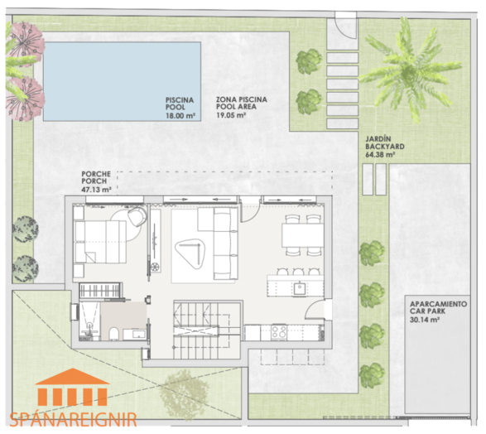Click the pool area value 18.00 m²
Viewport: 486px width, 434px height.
pyautogui.click(x=180, y=116)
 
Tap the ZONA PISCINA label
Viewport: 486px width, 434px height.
pyautogui.click(x=242, y=99)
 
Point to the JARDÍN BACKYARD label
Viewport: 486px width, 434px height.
pyautogui.click(x=384, y=142)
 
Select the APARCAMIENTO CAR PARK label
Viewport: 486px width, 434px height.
pyautogui.click(x=438, y=307)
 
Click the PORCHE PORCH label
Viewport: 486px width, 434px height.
pyautogui.click(x=96, y=177)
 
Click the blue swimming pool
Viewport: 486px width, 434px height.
pyautogui.click(x=122, y=81)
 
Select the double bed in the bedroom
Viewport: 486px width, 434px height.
pyautogui.click(x=101, y=242)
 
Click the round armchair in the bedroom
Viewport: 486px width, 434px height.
pyautogui.click(x=137, y=216)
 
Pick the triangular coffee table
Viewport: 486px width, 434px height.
pyautogui.click(x=190, y=252)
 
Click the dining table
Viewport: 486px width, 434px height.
pyautogui.click(x=303, y=235)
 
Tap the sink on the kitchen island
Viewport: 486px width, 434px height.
pyautogui.click(x=300, y=289)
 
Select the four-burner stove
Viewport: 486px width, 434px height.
pyautogui.click(x=279, y=331)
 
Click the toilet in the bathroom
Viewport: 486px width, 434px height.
pyautogui.click(x=113, y=334)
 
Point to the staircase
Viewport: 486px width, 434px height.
pyautogui.click(x=207, y=330)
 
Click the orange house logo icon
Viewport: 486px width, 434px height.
pyautogui.click(x=73, y=387)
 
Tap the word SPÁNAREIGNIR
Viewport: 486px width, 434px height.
pyautogui.click(x=73, y=419)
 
